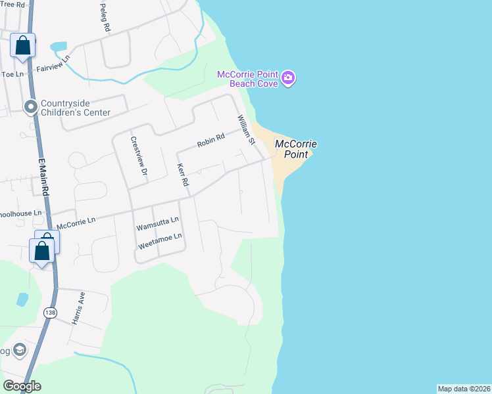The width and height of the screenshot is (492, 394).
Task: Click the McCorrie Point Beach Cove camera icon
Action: pyautogui.click(x=288, y=79)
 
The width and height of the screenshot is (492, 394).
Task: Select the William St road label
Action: pyautogui.click(x=245, y=129)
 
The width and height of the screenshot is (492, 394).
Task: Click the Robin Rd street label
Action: pyautogui.click(x=210, y=141)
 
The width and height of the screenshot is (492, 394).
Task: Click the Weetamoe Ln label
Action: pyautogui.click(x=159, y=241)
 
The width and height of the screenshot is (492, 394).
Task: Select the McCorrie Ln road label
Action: pyautogui.click(x=76, y=223)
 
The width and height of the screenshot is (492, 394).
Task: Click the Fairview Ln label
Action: pyautogui.click(x=53, y=67)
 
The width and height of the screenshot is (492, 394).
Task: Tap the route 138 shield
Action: pyautogui.click(x=50, y=313)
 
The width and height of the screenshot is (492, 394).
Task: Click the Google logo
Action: pyautogui.click(x=22, y=386)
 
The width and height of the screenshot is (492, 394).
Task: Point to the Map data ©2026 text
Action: pyautogui.click(x=464, y=389)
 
